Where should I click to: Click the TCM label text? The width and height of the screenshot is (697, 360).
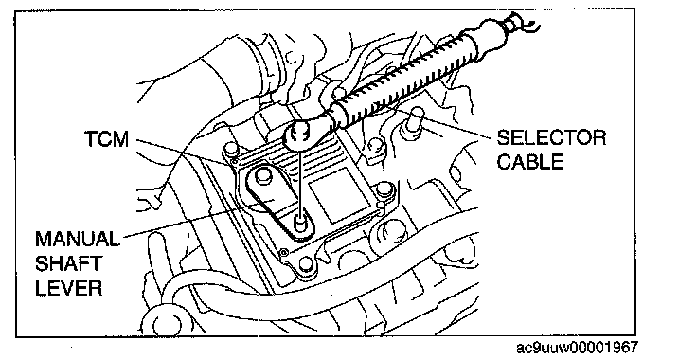coord(106,139)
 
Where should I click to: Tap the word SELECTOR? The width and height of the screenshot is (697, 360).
coord(551,137)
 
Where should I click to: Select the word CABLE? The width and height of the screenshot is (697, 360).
coord(530,161)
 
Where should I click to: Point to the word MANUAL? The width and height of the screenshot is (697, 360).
coord(77,239)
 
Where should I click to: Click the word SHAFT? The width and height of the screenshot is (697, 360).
coord(67,263)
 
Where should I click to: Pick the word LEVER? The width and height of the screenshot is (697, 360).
coord(68,288)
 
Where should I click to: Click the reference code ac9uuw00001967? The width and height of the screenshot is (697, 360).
coord(577,348)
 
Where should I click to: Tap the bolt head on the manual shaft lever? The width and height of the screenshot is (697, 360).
coord(263,174)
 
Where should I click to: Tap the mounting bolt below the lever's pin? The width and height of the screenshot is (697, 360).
coord(306,264)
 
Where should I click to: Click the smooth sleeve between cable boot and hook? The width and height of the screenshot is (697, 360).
coord(487,35)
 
